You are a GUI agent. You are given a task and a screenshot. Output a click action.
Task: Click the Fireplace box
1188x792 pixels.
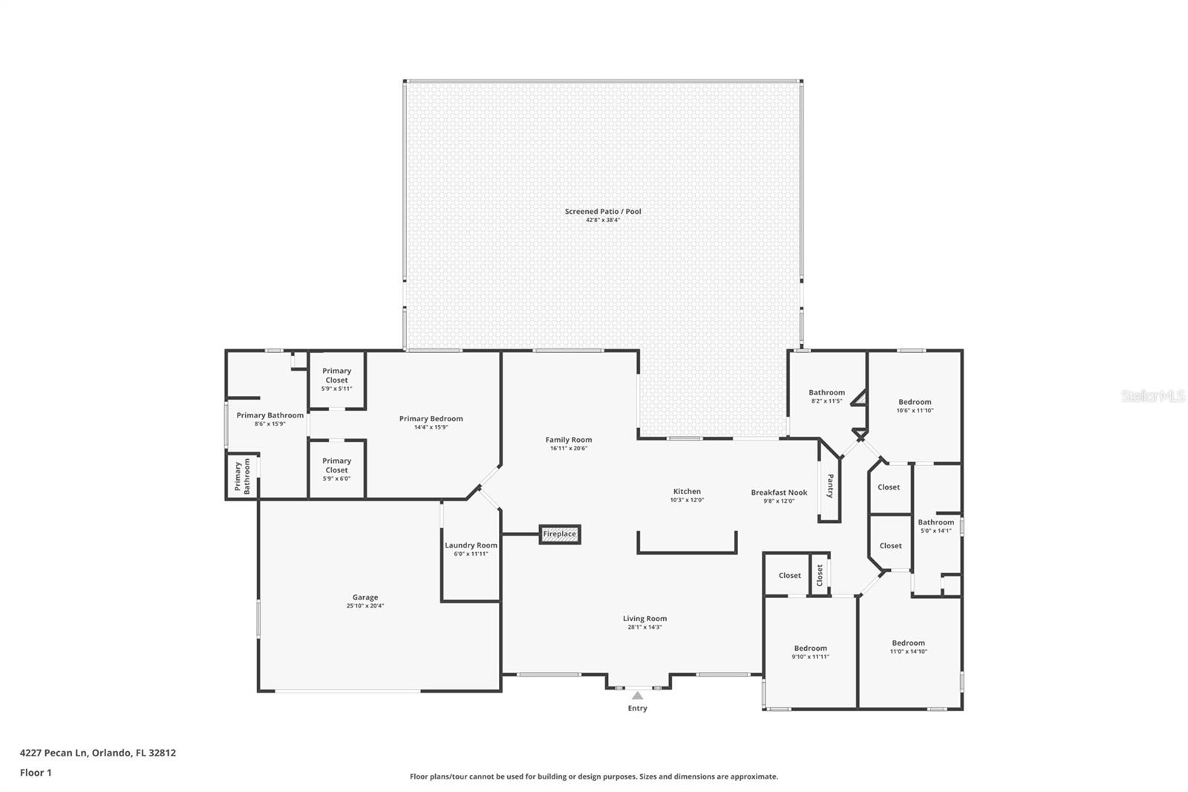559,534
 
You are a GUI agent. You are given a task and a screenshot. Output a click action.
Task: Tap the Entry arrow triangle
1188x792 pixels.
637,696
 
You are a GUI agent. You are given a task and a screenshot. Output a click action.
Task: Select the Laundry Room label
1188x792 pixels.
471,545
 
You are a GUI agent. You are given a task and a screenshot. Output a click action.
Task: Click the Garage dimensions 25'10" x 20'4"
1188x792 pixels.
365,606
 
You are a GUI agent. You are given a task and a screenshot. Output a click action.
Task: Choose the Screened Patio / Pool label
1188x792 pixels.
602,212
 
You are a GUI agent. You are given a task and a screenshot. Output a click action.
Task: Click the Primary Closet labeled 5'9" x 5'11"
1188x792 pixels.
336,379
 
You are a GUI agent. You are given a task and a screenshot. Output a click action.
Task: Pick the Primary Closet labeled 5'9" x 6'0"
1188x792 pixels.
336,469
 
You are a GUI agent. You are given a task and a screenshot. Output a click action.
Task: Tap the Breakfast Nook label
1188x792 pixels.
778,493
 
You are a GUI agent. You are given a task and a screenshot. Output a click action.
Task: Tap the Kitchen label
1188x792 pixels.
687,492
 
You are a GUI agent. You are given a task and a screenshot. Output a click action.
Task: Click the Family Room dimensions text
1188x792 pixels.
569,449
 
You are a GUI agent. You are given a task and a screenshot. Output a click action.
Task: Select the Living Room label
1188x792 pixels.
644,618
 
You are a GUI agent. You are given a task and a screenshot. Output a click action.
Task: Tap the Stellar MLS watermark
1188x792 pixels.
1153,396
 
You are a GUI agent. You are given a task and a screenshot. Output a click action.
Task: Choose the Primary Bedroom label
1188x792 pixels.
431,419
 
